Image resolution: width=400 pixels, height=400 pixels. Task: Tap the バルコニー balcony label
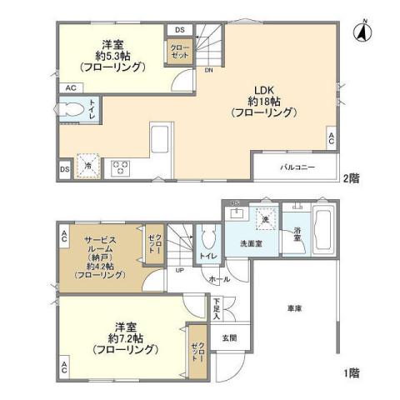[x=297, y=167]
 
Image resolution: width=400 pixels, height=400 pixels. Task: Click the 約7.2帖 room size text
[x=125, y=338]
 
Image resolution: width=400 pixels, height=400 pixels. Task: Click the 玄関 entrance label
[x=228, y=338]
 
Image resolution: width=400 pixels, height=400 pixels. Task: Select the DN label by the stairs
[x=207, y=71]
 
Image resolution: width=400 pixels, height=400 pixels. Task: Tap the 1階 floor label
[x=352, y=374]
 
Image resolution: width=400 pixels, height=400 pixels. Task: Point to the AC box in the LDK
[x=331, y=139]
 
